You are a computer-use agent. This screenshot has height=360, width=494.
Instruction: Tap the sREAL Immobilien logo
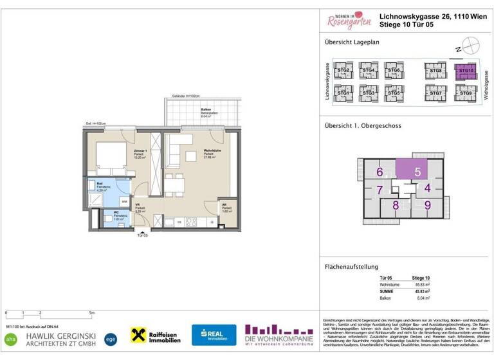point(214,335)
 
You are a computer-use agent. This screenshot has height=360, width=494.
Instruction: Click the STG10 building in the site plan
point(466,71)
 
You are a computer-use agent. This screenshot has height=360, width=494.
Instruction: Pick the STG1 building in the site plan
point(344,93)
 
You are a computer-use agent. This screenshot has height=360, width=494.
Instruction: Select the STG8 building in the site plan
point(435,71)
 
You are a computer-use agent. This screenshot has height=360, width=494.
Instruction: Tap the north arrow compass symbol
point(471,46)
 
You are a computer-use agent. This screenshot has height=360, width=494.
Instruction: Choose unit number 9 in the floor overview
point(427,205)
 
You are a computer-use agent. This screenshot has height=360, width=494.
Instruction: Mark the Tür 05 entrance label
point(143,235)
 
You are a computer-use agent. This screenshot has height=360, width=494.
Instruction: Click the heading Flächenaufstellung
point(352,267)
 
